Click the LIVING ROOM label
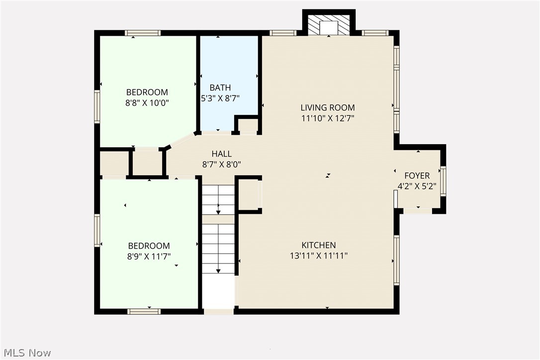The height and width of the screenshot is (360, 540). coord(327,107)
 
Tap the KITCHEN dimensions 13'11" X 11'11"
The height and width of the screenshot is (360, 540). coord(318,256)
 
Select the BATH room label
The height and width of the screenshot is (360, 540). coord(220,88)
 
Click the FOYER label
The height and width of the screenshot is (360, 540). coord(417,176)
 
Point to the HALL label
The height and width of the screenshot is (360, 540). coord(221,154)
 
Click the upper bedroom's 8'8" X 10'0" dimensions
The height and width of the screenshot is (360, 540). coord(147,103)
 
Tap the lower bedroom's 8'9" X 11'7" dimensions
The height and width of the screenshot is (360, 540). coord(149,257)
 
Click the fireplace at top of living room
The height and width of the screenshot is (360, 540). coord(329,25)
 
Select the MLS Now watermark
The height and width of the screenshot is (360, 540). coord(26,353)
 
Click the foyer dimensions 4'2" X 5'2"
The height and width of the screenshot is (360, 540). coord(417,186)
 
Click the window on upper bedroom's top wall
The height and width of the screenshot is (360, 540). coord(143,33)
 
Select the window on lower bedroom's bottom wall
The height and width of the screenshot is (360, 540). coord(144,311)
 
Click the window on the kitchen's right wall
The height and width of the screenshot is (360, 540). coord(396,260)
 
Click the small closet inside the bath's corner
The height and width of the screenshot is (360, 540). coord(247,125)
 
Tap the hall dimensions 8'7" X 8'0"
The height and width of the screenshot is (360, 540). coord(221,165)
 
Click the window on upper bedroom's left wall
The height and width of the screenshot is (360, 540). coord(97,106)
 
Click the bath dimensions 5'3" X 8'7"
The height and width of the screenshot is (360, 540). coord(220,98)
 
